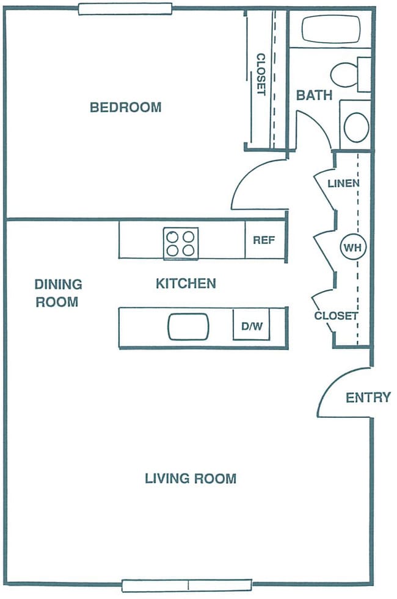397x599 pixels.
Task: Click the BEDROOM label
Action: pyautogui.click(x=125, y=107)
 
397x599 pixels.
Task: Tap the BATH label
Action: pyautogui.click(x=314, y=95)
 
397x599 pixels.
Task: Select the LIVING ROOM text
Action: pyautogui.click(x=190, y=479)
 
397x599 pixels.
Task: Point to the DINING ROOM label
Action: pyautogui.click(x=57, y=293)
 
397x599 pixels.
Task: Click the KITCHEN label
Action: pyautogui.click(x=186, y=284)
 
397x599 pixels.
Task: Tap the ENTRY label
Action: pyautogui.click(x=368, y=398)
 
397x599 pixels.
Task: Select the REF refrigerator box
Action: pyautogui.click(x=264, y=240)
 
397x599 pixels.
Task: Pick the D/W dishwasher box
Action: pyautogui.click(x=251, y=326)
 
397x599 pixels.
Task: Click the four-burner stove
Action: pyautogui.click(x=181, y=243)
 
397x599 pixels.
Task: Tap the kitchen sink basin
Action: pyautogui.click(x=188, y=326)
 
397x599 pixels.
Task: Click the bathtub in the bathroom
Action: pyautogui.click(x=330, y=29)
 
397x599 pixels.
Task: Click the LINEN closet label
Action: pyautogui.click(x=343, y=183)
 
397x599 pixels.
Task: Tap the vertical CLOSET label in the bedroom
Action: pyautogui.click(x=261, y=74)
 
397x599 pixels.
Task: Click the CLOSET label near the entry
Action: pyautogui.click(x=335, y=316)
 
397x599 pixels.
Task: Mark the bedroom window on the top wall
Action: pyautogui.click(x=125, y=9)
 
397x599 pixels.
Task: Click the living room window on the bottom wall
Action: pyautogui.click(x=187, y=586)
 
